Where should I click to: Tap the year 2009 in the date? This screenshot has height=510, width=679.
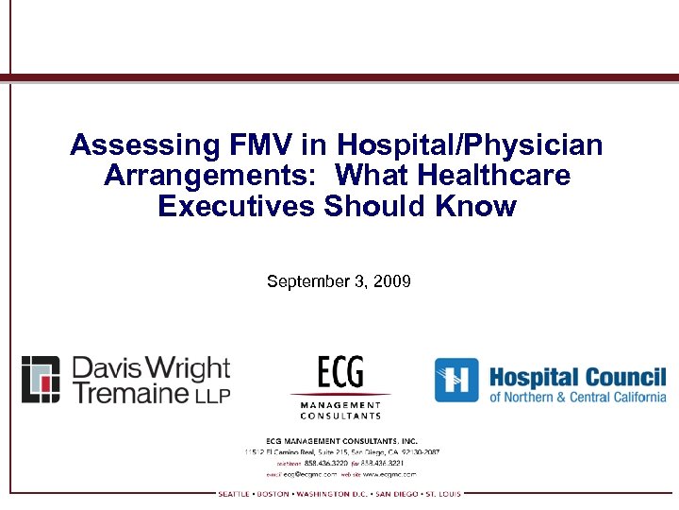pyautogui.click(x=391, y=281)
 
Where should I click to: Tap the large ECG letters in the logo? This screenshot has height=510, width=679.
pyautogui.click(x=340, y=371)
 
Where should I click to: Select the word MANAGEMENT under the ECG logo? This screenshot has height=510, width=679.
pyautogui.click(x=340, y=405)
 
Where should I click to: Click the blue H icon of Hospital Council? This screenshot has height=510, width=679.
pyautogui.click(x=456, y=380)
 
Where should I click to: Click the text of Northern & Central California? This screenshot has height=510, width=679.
pyautogui.click(x=577, y=398)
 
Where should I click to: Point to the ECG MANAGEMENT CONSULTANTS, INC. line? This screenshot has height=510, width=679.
pyautogui.click(x=340, y=440)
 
